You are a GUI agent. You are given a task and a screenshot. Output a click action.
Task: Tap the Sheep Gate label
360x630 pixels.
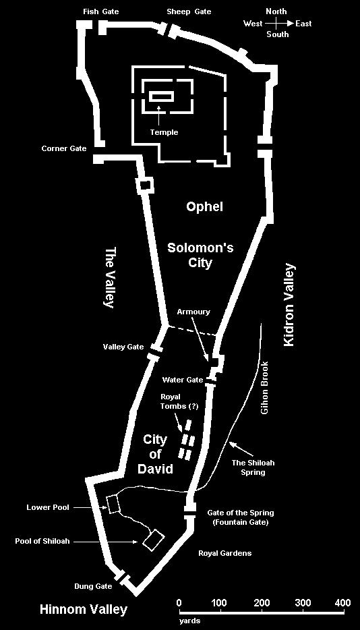coord(189,11)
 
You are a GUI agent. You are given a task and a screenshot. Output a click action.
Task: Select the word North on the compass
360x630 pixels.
coord(276,11)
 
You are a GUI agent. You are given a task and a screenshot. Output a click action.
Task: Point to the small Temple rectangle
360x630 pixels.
coord(162,96)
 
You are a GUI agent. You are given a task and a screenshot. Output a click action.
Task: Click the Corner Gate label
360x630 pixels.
coord(64,148)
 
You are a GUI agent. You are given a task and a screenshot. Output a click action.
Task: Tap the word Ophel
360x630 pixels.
coord(204,207)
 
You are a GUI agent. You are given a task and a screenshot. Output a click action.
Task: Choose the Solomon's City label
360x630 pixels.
coord(200,255)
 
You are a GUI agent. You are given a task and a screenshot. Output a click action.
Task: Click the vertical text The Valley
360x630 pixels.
coord(109,278)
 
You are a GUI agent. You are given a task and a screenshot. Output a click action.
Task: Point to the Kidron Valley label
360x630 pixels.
coord(289,305)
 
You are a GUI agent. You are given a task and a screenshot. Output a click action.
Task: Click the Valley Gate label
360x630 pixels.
coord(123,347)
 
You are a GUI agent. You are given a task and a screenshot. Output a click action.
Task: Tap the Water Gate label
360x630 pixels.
coord(183,380)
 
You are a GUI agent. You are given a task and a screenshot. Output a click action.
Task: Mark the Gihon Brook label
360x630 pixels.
coord(264,388)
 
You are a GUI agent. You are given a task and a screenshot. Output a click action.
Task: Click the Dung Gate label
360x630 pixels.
coord(92,586)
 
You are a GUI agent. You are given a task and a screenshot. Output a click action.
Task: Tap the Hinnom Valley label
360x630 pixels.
coord(84,610)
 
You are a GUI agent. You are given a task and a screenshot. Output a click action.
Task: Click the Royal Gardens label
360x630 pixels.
coord(225,553)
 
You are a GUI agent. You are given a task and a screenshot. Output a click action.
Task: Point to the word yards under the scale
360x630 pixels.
coord(189,621)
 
